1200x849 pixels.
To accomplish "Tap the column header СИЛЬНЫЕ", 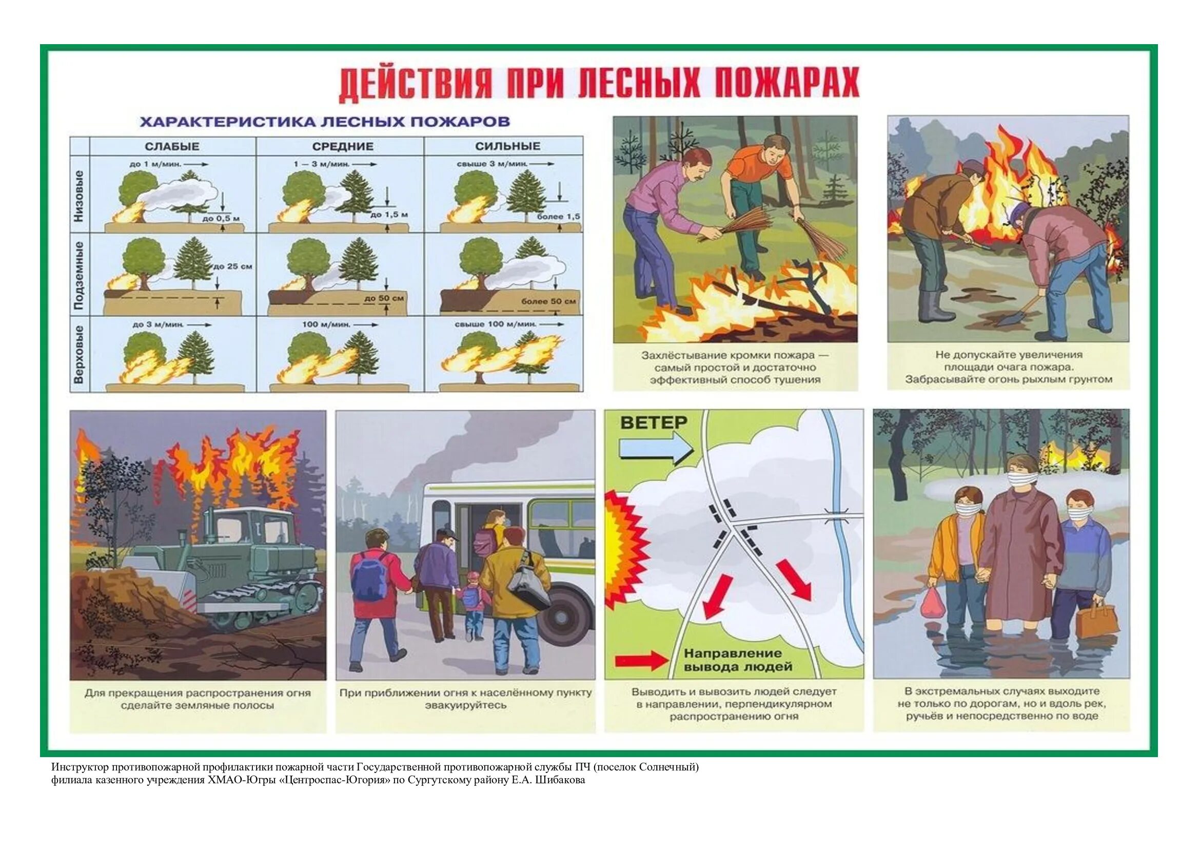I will [x=507, y=146].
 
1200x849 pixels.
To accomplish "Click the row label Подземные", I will [x=79, y=276].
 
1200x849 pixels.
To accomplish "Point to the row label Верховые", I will [x=79, y=355].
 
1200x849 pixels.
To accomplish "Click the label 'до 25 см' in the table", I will [x=233, y=266].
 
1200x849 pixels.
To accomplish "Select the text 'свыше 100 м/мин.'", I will [x=496, y=324].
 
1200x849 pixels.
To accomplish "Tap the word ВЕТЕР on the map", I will [x=653, y=422].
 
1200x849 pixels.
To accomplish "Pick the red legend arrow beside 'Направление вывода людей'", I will [x=641, y=661].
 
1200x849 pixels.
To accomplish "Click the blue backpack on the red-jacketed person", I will [x=370, y=576].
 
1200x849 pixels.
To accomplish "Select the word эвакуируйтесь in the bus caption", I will [x=465, y=705].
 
